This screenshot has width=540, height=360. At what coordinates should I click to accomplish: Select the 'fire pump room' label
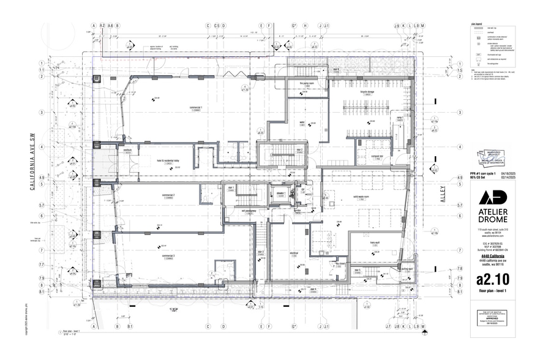(301, 84)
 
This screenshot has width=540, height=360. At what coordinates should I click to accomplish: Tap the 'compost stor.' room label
(377, 156)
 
